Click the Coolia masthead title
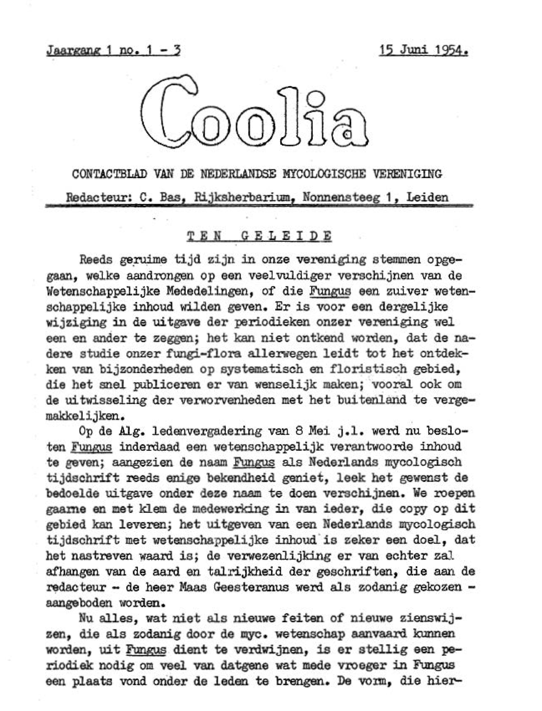point(255,113)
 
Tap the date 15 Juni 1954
point(423,51)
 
